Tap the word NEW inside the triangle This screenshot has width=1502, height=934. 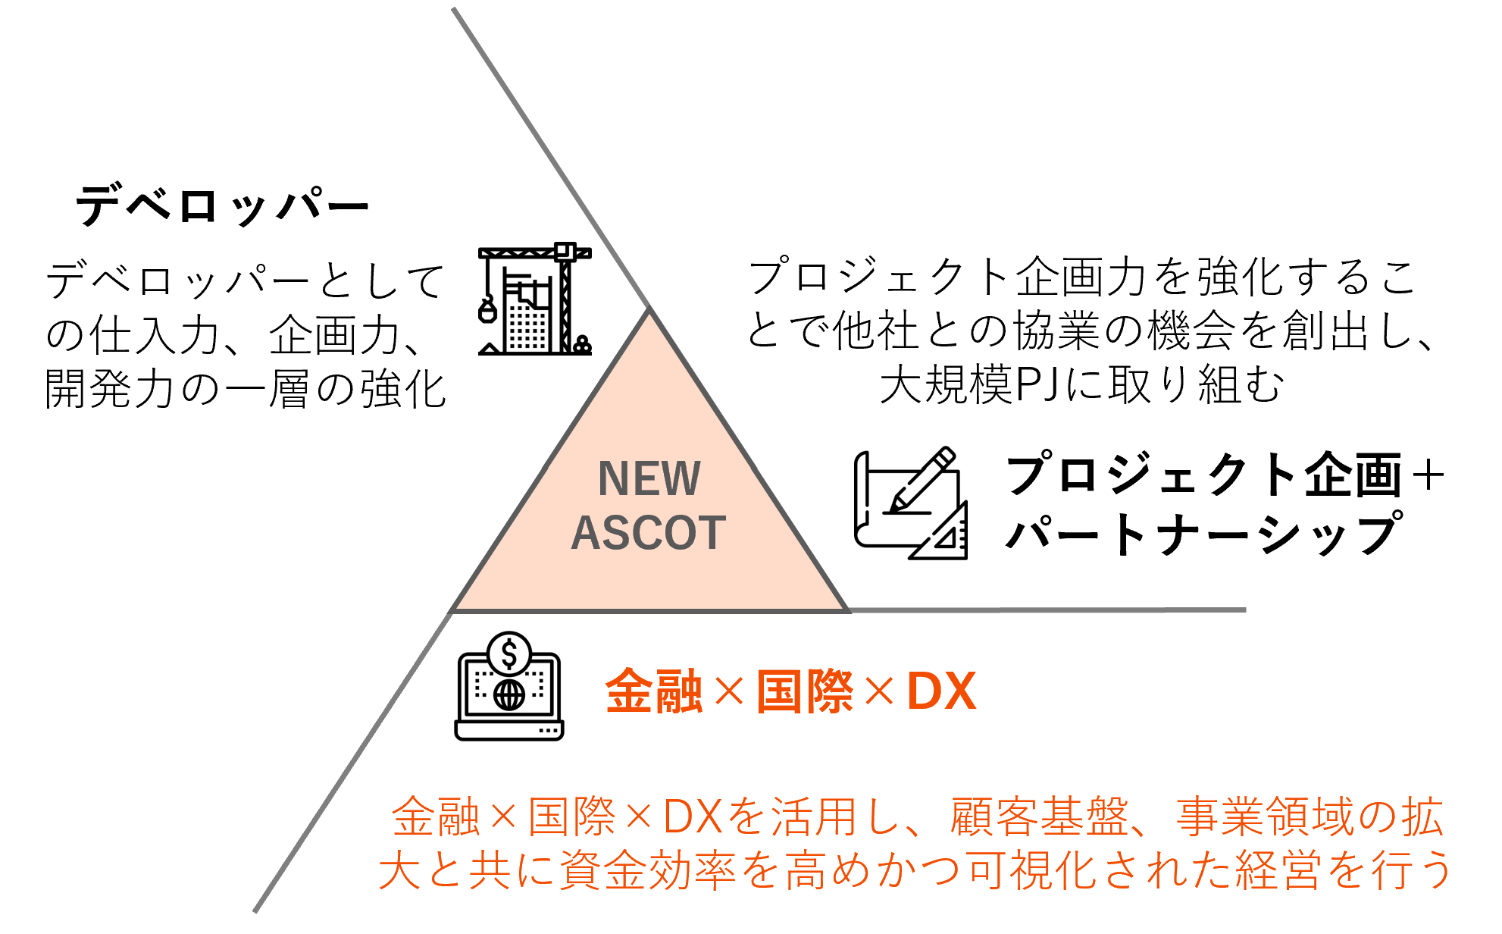[x=649, y=479]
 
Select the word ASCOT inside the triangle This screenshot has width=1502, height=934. [x=649, y=533]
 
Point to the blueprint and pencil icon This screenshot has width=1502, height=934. [x=910, y=504]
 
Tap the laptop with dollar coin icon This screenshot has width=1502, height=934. [x=509, y=687]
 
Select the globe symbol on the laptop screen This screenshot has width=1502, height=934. [x=509, y=694]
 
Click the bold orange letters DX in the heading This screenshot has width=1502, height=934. [x=941, y=691]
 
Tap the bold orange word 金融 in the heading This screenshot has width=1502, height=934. [x=654, y=691]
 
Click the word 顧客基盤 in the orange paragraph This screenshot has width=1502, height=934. [x=1039, y=817]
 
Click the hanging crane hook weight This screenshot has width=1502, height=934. [x=487, y=310]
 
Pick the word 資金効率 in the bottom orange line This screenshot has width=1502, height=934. [x=648, y=870]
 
